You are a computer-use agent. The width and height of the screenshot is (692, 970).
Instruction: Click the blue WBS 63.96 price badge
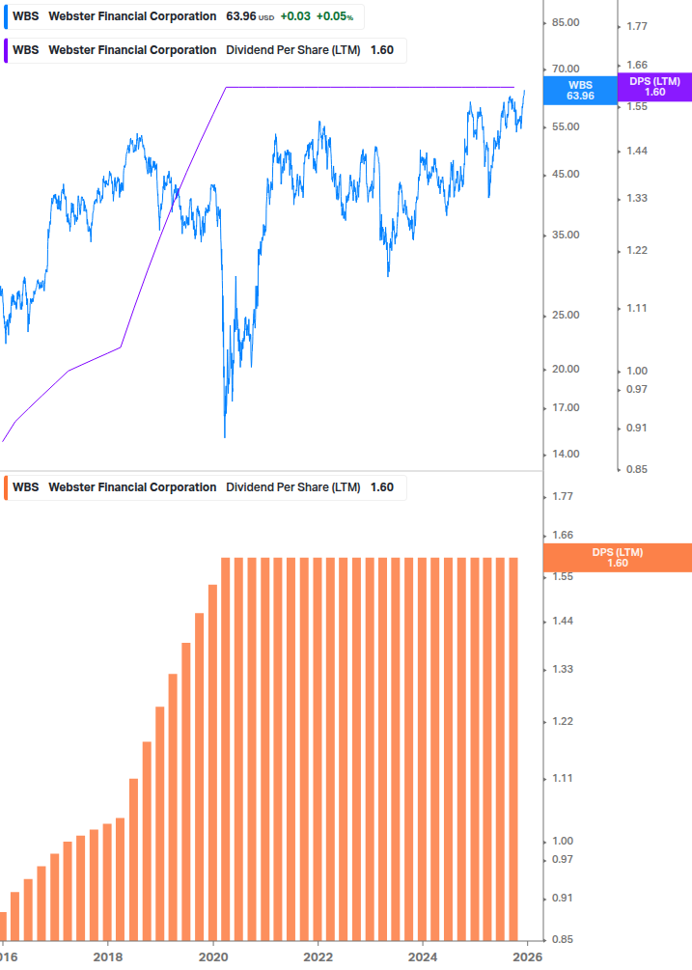[580, 90]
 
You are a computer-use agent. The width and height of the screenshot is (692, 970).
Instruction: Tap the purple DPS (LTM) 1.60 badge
[654, 87]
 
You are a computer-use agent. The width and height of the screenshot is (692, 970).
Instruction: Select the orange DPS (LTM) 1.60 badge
[618, 557]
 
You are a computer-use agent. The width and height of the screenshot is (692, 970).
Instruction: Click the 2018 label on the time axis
[108, 957]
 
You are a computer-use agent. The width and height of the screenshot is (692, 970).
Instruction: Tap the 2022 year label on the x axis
[318, 957]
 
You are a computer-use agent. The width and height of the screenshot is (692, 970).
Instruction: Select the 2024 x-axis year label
[423, 957]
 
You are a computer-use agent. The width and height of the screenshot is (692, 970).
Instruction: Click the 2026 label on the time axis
[527, 957]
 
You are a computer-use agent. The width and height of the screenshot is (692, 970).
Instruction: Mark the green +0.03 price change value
[295, 16]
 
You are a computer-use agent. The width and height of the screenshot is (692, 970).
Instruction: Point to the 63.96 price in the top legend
[240, 16]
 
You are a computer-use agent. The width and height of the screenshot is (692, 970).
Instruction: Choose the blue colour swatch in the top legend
[6, 16]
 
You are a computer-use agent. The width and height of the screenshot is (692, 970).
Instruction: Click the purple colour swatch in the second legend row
[6, 50]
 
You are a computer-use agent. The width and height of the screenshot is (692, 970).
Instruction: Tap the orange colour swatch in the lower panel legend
[6, 487]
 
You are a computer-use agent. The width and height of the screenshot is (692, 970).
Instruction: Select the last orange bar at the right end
[513, 748]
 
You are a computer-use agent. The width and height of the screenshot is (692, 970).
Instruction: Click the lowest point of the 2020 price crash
[225, 437]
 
